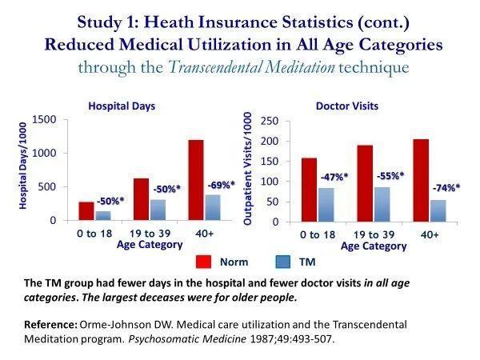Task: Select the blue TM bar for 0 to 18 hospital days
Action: tap(103, 215)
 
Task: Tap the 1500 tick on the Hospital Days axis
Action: tap(44, 120)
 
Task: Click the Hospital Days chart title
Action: tap(122, 104)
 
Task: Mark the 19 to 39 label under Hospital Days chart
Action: tap(158, 234)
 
